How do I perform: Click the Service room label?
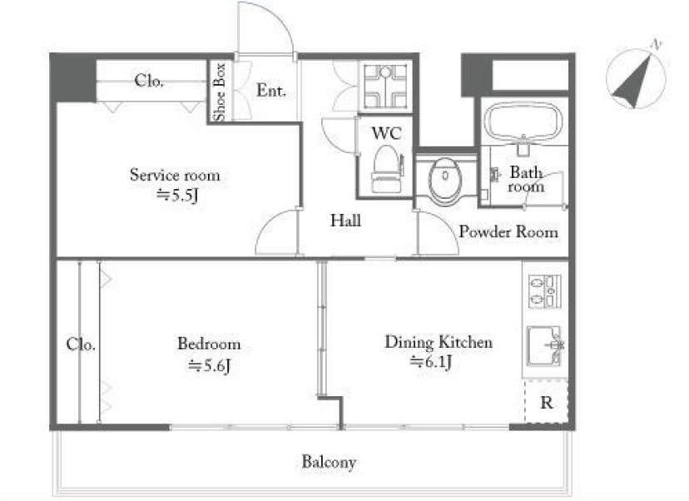(x=175, y=175)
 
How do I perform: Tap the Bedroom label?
(x=209, y=343)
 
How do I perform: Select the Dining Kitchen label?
(x=439, y=342)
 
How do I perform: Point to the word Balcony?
(x=329, y=462)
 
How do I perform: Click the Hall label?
(x=346, y=221)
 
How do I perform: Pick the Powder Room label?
(x=508, y=231)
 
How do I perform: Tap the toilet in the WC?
(x=387, y=169)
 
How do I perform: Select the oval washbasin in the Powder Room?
(x=445, y=181)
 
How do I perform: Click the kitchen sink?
(x=544, y=346)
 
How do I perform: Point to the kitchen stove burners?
(x=544, y=291)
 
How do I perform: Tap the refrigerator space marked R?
(x=546, y=402)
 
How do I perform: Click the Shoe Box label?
(x=220, y=92)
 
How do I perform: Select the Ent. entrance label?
(x=271, y=91)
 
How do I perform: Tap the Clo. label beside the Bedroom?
(x=81, y=344)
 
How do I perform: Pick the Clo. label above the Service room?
(x=149, y=81)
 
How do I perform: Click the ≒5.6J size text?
(x=209, y=365)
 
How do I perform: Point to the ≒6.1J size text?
(x=431, y=362)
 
